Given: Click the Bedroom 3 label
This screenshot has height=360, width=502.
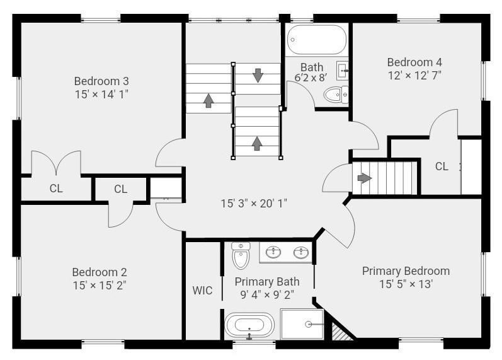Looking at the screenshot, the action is (x=101, y=81).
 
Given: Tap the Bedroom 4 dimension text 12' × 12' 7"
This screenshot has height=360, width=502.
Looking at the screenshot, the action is (x=414, y=76).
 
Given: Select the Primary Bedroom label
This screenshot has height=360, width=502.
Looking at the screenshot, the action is (x=406, y=271).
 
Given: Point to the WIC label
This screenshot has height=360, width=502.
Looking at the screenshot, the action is (x=202, y=291).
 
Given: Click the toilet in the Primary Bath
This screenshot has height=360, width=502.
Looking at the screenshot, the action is (x=241, y=255).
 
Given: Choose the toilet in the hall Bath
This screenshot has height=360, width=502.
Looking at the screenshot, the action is (x=336, y=95).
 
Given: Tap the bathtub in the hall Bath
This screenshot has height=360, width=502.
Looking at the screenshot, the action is (x=317, y=40).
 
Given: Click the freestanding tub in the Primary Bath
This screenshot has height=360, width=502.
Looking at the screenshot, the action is (x=249, y=325).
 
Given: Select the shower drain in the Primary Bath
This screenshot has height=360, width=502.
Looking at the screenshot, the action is (x=308, y=325).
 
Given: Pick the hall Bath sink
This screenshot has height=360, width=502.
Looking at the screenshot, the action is (x=343, y=71).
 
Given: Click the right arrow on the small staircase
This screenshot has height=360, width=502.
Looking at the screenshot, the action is (x=365, y=178).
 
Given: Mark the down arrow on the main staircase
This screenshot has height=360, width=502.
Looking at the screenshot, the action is (x=258, y=75).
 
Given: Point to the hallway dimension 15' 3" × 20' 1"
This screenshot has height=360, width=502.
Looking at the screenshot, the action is (x=254, y=204).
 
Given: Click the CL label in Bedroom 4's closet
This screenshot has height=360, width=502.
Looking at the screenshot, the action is (x=442, y=166).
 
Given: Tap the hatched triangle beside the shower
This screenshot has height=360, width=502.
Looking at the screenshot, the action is (x=337, y=330).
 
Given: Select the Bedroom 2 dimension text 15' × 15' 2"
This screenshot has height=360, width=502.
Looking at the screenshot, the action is (x=100, y=286).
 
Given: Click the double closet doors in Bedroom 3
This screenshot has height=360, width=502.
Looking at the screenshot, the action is (x=56, y=163).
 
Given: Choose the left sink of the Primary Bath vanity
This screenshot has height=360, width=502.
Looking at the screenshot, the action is (x=273, y=252).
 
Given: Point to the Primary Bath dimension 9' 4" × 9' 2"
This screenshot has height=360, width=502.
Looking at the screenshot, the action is (x=267, y=294).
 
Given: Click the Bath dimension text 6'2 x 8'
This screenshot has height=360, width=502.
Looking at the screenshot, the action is (x=311, y=78).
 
